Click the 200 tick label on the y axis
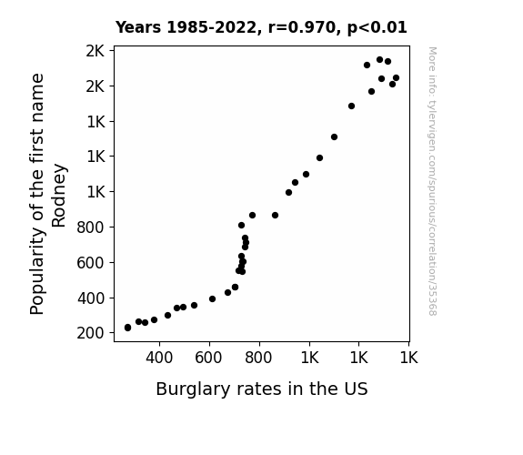[x=90, y=333]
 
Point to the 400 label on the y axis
[x=91, y=298]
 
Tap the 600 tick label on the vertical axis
[x=90, y=263]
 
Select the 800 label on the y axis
[x=90, y=227]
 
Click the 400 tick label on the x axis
[x=159, y=358]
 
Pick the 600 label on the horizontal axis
[x=208, y=358]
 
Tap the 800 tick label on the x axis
[x=258, y=358]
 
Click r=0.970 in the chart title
[x=302, y=27]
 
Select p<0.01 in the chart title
[x=377, y=28]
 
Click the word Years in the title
[x=138, y=27]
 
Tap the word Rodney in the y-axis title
[x=59, y=196]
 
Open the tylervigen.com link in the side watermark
[x=433, y=181]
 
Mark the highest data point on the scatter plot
[x=379, y=60]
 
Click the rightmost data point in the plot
[x=396, y=77]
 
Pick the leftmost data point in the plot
[x=127, y=328]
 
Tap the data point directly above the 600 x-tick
[x=212, y=298]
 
